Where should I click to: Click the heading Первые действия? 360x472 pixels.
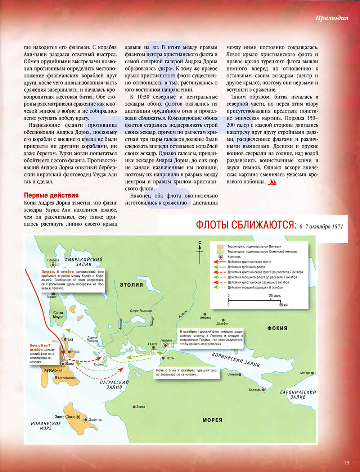click(x=51, y=195)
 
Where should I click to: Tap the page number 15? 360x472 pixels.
click(x=347, y=463)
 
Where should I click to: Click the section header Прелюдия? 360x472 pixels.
click(x=331, y=18)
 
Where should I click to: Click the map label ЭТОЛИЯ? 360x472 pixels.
click(x=131, y=285)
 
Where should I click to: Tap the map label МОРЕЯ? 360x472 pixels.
click(x=212, y=420)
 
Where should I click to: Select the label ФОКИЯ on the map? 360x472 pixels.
click(x=277, y=328)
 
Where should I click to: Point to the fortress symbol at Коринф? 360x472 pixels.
click(x=264, y=390)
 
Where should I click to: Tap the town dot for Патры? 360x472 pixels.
click(x=163, y=358)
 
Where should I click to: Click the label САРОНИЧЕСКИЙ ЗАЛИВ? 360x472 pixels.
click(x=298, y=395)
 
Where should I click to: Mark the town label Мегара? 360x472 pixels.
click(x=306, y=373)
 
